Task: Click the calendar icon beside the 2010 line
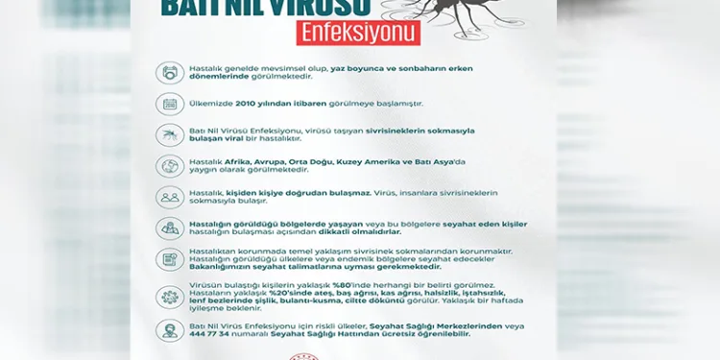[171, 103]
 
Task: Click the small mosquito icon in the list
[171, 134]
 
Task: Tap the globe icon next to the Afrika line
[171, 166]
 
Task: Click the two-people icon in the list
[171, 197]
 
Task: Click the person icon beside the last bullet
[171, 329]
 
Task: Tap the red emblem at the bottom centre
[359, 353]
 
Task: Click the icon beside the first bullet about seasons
[171, 72]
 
